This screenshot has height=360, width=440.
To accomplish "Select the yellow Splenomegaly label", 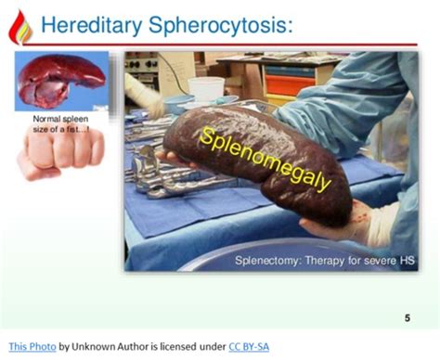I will (265, 159).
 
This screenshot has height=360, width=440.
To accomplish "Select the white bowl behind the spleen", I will (205, 89).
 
